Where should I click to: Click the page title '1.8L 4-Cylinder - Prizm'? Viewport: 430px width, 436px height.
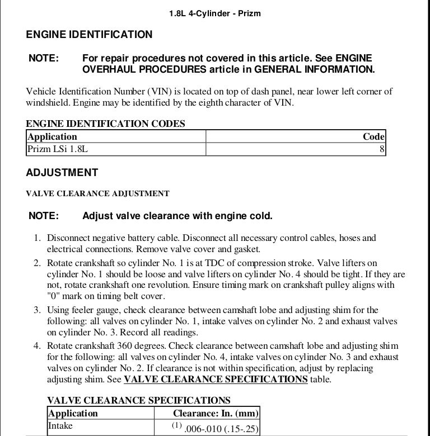click(214, 13)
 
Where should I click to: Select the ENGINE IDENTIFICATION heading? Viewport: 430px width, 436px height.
click(89, 35)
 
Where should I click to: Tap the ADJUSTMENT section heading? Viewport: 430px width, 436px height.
click(62, 173)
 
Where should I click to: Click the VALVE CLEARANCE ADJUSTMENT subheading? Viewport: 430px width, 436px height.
click(97, 194)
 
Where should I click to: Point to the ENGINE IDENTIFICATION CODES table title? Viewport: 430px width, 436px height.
click(105, 124)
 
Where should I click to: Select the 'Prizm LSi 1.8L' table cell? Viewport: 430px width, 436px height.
click(58, 149)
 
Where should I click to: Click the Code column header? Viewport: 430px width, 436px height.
click(373, 136)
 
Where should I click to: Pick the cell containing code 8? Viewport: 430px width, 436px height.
click(382, 149)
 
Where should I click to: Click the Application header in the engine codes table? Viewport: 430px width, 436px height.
click(52, 136)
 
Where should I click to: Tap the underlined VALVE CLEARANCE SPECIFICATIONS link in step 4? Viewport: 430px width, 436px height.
click(216, 380)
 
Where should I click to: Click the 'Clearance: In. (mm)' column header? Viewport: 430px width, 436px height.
click(216, 414)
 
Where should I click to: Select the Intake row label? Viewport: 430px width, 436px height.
click(60, 426)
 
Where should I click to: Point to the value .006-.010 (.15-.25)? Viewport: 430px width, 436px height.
click(221, 428)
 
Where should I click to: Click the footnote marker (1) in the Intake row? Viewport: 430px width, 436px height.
click(177, 425)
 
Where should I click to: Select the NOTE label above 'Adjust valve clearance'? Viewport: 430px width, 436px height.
click(43, 216)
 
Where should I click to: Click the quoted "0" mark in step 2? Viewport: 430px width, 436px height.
click(54, 296)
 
